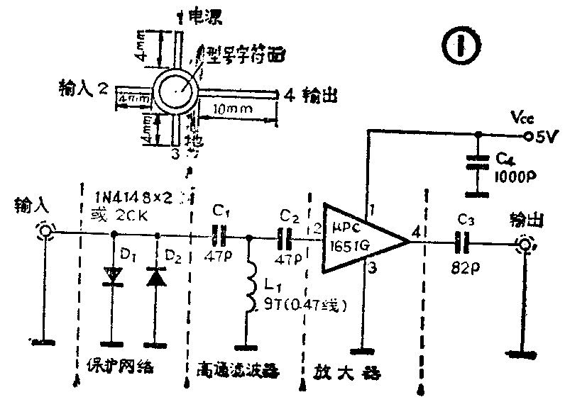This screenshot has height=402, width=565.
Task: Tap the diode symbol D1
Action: (x=113, y=276)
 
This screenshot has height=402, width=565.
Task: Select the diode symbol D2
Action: (x=156, y=277)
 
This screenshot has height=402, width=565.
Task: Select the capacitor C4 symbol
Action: (x=479, y=162)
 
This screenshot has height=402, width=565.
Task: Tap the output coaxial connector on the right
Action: (x=525, y=245)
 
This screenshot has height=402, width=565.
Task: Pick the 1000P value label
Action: (x=513, y=175)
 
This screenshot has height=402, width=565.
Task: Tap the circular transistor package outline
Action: (x=175, y=91)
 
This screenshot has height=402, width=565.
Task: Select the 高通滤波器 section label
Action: (x=238, y=370)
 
